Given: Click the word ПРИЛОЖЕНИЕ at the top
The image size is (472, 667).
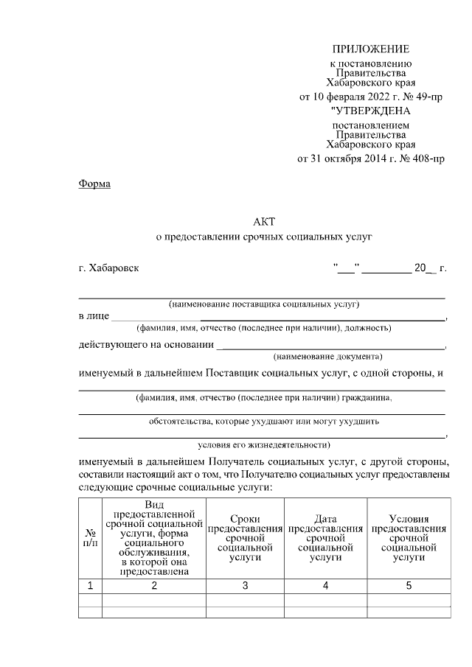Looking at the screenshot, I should (x=370, y=49).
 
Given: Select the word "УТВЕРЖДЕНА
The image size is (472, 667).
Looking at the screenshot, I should (x=370, y=111).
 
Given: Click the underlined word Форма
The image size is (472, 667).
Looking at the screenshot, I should (x=94, y=184).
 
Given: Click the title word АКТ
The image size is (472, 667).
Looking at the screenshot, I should (x=263, y=221).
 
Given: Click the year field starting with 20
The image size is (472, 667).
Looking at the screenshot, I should (x=424, y=268).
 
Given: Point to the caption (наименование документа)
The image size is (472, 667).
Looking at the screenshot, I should (x=327, y=355).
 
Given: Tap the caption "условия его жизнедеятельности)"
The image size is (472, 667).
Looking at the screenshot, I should (x=263, y=444).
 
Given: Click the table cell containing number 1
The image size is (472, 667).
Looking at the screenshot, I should (x=89, y=587).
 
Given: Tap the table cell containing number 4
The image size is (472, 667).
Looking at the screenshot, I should (x=325, y=587).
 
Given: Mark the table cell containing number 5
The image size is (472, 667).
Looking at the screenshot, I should (x=409, y=587).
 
